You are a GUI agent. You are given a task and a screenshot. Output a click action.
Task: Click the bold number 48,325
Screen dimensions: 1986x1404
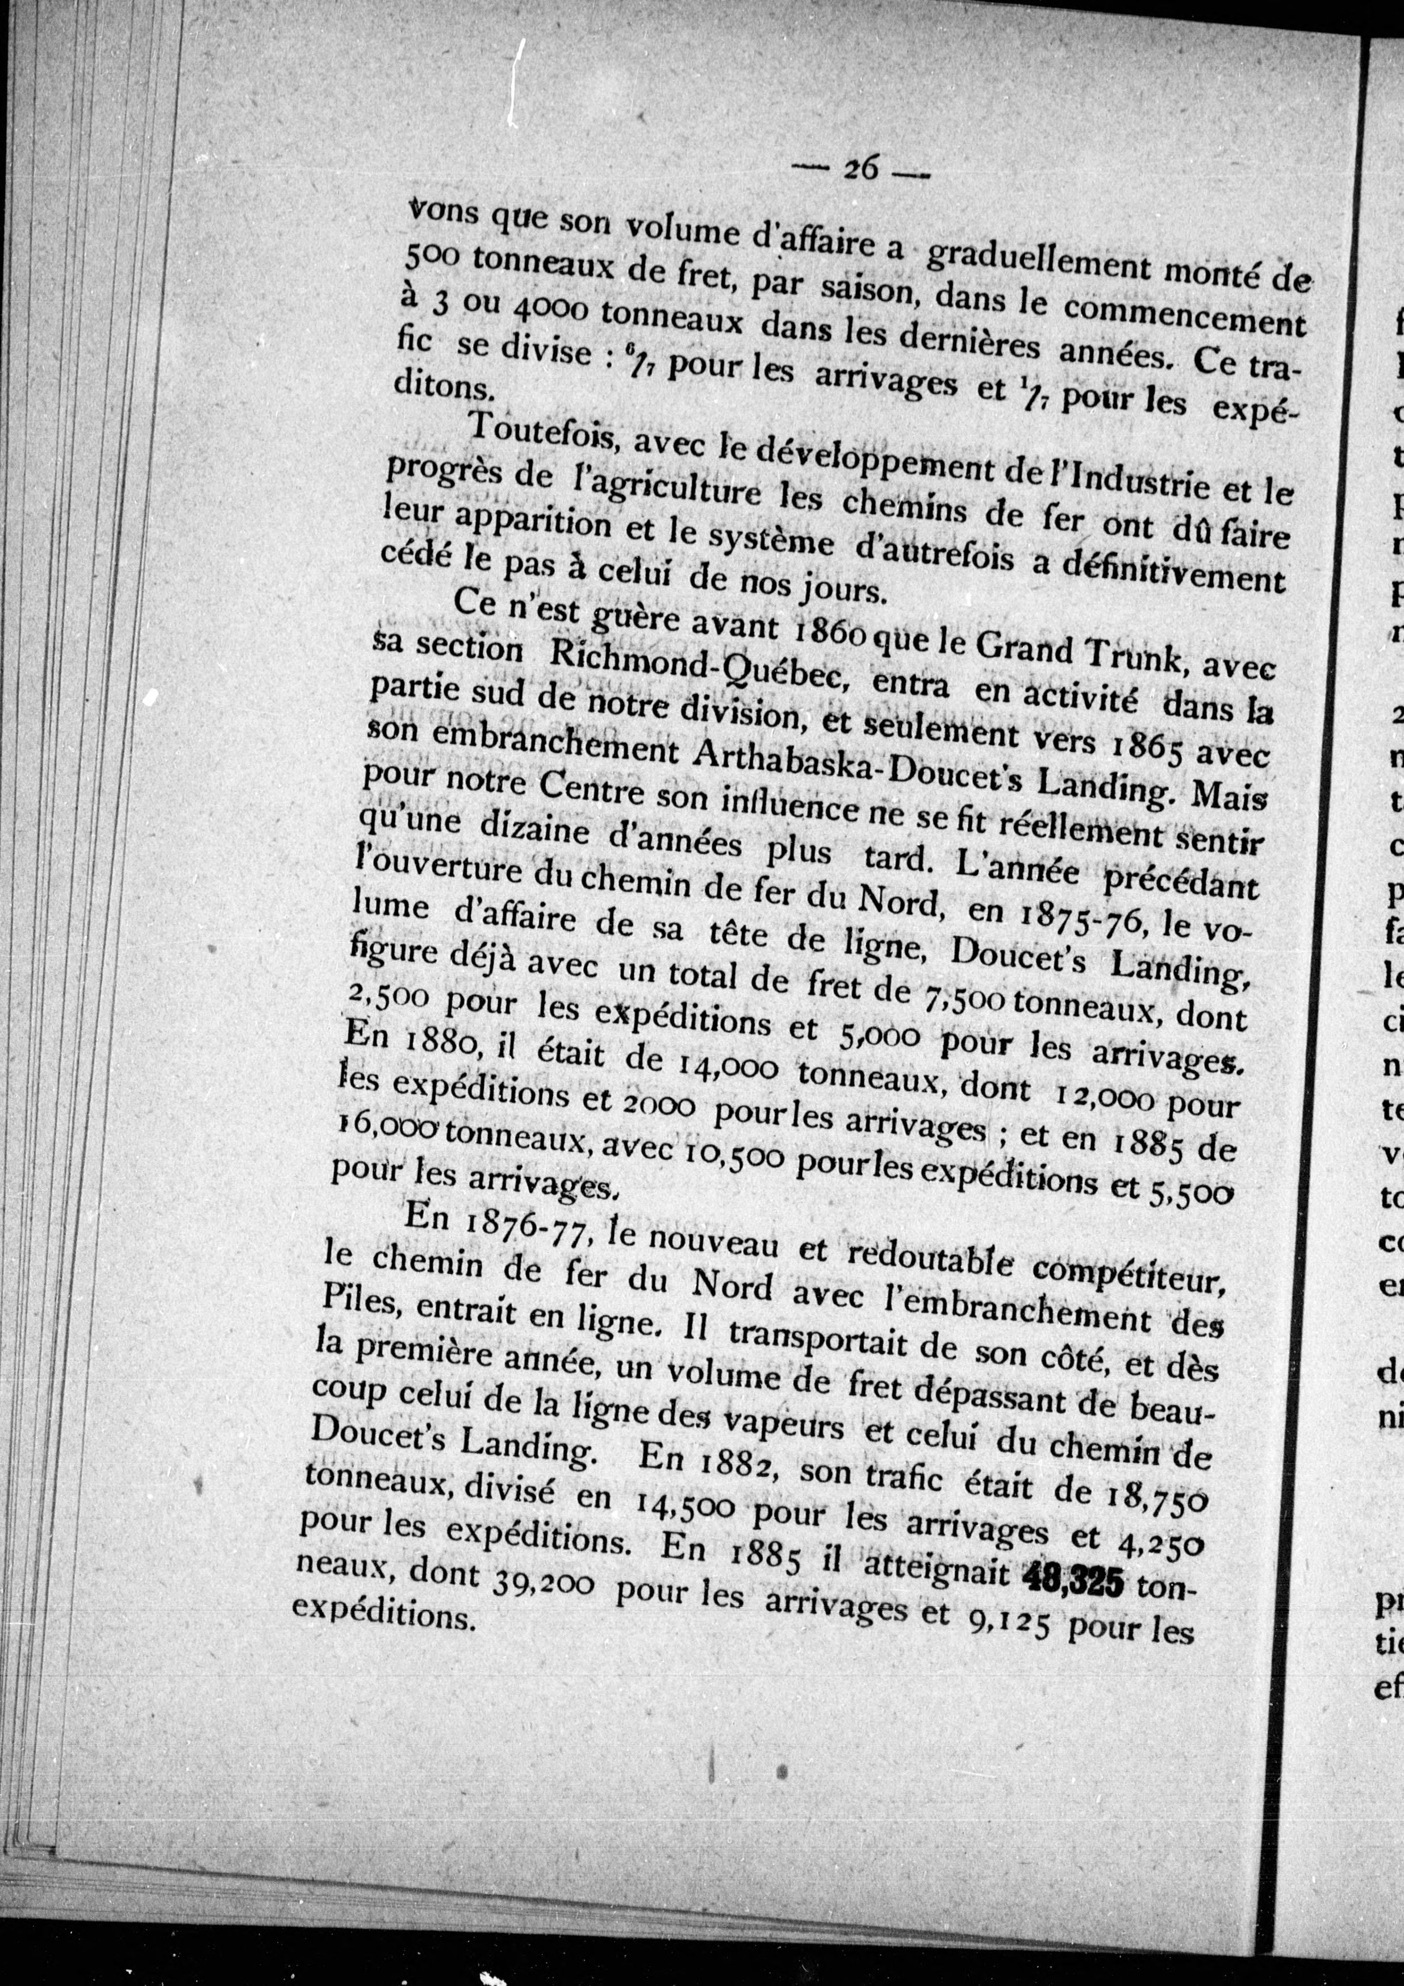(1073, 1582)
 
